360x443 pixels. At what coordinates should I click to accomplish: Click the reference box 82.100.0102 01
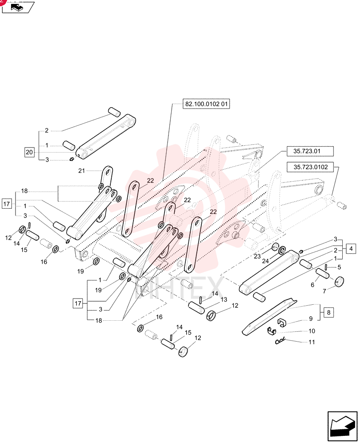click(x=206, y=104)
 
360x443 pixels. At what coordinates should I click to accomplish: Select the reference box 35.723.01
click(x=310, y=151)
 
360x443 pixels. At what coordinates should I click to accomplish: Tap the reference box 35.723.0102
click(x=310, y=167)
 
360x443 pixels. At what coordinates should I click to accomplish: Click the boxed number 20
click(x=29, y=152)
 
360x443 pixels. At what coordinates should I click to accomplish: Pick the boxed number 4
click(x=351, y=249)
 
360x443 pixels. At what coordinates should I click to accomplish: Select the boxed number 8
click(x=329, y=312)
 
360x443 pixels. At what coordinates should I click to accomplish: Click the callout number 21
click(x=82, y=171)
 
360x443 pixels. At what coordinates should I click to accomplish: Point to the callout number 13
click(x=224, y=299)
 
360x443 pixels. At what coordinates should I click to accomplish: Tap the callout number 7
click(x=325, y=291)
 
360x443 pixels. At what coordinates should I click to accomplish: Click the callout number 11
click(x=312, y=342)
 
